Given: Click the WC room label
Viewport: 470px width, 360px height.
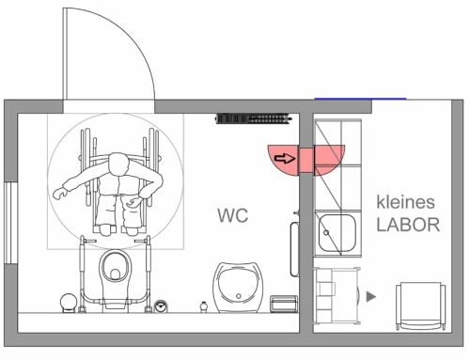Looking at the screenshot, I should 232,216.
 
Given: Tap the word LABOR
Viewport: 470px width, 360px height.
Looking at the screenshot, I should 408,226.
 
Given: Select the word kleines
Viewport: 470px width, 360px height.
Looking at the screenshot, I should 407,202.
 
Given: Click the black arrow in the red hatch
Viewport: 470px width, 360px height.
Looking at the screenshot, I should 283,159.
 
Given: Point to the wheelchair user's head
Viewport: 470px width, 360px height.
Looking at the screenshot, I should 118,166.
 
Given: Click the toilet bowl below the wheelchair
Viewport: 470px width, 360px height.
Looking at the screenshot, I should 117,270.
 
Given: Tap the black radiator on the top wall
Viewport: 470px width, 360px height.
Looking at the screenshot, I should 251,118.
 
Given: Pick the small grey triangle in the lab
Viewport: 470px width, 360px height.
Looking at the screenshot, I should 371,296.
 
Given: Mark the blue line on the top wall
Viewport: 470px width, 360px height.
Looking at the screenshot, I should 360,97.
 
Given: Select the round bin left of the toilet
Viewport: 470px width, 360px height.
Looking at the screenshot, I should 68,302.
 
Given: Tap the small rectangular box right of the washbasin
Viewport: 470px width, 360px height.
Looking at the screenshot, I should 283,305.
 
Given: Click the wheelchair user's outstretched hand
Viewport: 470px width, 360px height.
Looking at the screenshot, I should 58,194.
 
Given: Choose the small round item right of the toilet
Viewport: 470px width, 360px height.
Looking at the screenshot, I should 161,305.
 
